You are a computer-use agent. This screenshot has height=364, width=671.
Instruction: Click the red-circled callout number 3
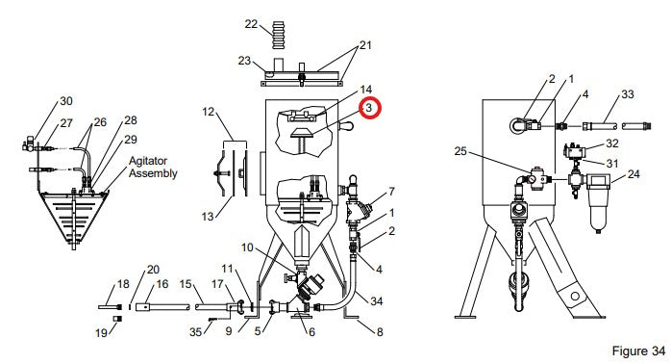coord(369,109)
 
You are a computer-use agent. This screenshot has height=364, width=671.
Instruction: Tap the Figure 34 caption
coord(638,351)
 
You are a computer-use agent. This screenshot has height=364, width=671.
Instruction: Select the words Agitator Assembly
coord(153,167)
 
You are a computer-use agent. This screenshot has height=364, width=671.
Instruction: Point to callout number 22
coord(251,23)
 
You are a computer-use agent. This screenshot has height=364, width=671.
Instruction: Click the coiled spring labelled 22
coord(278,34)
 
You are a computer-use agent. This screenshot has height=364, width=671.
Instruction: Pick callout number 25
coord(460,151)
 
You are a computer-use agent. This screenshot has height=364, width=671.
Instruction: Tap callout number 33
coord(627,94)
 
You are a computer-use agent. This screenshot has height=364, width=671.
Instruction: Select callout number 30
coord(66,101)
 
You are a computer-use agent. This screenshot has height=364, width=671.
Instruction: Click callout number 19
coord(101,332)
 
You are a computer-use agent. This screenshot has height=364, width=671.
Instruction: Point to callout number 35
coord(195,332)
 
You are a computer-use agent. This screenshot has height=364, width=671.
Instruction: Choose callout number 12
coord(208,112)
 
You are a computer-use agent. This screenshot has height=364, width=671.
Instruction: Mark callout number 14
coord(365,90)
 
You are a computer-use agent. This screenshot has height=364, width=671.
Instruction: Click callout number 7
coord(391,192)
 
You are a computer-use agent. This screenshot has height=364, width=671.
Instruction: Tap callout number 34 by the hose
coord(376,301)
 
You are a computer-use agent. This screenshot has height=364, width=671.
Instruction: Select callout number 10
coord(247,247)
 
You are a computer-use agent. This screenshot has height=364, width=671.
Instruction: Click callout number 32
coord(612,143)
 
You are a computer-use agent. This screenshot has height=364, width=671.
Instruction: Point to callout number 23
coord(244,61)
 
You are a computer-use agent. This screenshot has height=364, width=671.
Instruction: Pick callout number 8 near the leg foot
coord(380,331)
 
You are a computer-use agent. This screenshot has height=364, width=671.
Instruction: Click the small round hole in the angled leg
coord(575,296)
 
